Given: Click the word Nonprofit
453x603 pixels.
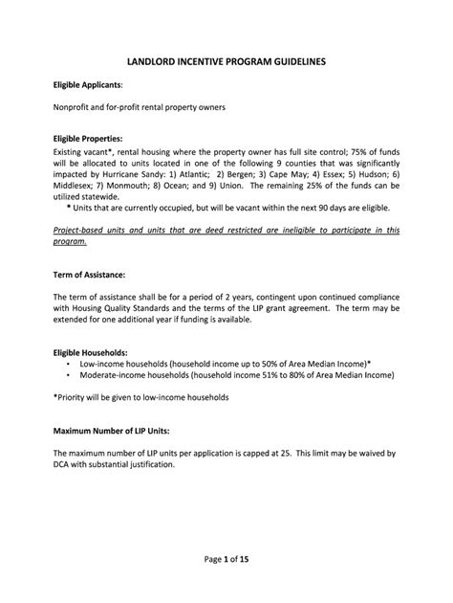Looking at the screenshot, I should [x=75, y=107].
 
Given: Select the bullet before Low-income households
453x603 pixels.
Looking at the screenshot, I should [x=69, y=365].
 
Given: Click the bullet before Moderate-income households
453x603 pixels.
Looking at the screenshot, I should [x=69, y=376].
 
